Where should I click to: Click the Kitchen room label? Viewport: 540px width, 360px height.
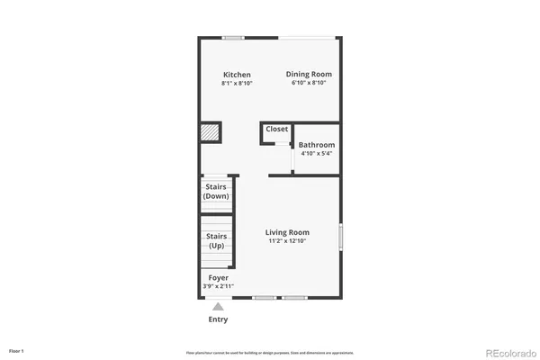click(x=237, y=75)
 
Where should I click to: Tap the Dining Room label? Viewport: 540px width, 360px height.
click(x=309, y=74)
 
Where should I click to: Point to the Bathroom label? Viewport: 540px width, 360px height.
click(x=317, y=145)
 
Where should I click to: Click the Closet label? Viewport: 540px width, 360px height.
click(x=277, y=130)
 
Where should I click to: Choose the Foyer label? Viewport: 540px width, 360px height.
click(x=218, y=278)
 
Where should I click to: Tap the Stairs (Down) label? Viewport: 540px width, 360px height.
click(x=216, y=192)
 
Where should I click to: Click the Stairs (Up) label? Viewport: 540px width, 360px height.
click(x=216, y=241)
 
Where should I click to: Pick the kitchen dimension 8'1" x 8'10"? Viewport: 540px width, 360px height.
click(x=237, y=84)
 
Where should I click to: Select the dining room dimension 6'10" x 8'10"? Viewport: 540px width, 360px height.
click(x=309, y=83)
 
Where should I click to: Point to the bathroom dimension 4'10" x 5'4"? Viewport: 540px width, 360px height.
click(x=317, y=154)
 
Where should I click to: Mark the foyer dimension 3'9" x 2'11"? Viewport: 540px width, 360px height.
click(x=218, y=286)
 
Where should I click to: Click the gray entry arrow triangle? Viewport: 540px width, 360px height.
click(x=218, y=307)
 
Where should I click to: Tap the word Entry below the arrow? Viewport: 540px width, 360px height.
click(x=218, y=319)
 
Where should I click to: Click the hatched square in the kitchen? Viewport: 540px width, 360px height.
click(x=211, y=132)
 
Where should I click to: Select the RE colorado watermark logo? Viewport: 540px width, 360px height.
click(x=509, y=352)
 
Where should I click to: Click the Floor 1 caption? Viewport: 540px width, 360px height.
click(x=16, y=350)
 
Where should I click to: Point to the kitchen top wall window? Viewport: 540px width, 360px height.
click(x=234, y=37)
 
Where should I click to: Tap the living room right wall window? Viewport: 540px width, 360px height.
click(x=340, y=237)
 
